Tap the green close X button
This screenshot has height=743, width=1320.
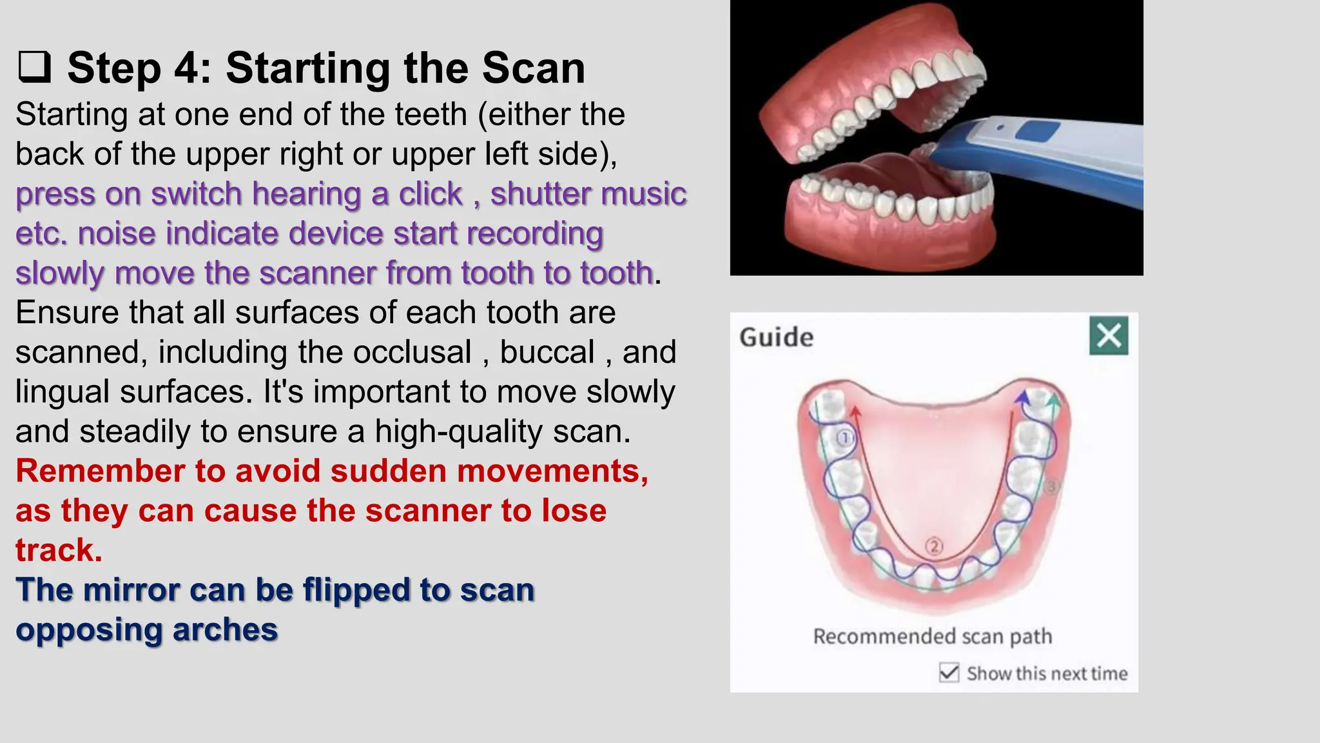1109,335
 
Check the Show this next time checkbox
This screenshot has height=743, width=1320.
949,673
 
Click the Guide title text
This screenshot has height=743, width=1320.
776,337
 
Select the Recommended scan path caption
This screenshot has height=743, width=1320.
932,637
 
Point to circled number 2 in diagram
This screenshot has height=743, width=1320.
934,546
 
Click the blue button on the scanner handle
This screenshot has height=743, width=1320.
1038,132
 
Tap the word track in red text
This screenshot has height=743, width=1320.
59,550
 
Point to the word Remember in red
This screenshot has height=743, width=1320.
100,471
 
